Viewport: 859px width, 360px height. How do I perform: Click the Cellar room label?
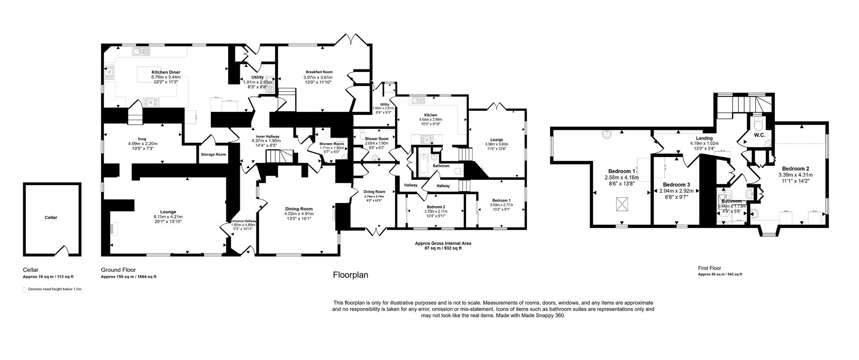(x=51, y=217)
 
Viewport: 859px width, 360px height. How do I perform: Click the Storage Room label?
(x=214, y=154)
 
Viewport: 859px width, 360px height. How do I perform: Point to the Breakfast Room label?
(x=319, y=72)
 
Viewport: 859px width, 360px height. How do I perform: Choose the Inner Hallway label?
(x=268, y=136)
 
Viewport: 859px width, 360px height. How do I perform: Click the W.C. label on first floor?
(x=759, y=135)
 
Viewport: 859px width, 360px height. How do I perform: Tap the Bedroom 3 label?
(x=676, y=185)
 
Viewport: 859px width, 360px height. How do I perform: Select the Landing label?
(x=704, y=138)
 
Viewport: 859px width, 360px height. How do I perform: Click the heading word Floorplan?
(x=350, y=275)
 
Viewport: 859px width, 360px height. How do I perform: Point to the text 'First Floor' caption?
(x=710, y=268)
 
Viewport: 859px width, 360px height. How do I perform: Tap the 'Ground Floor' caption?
(x=118, y=270)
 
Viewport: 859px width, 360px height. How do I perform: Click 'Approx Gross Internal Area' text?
(x=443, y=243)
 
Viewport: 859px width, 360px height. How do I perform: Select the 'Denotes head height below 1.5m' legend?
(x=54, y=289)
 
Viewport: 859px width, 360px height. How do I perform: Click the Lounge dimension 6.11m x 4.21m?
(x=168, y=217)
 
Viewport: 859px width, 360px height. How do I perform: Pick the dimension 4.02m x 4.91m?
(x=299, y=214)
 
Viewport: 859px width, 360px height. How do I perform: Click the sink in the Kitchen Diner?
(x=140, y=52)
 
